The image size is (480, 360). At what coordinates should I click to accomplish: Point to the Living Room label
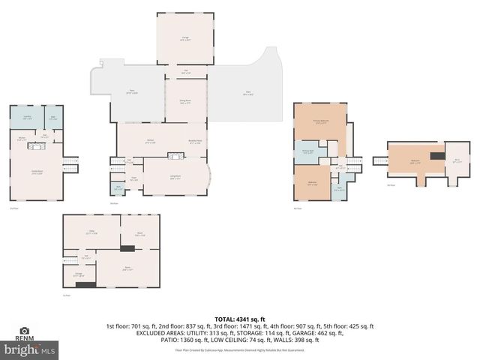click(x=174, y=178)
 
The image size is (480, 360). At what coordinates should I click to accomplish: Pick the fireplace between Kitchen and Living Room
click(x=175, y=156)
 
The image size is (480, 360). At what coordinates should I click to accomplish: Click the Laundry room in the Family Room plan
click(x=27, y=118)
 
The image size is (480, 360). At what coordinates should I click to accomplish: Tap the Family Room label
click(x=36, y=173)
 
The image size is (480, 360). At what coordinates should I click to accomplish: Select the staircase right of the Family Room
click(x=70, y=163)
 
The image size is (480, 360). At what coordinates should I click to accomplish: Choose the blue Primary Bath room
click(x=308, y=151)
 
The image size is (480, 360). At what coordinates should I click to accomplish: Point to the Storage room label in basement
click(x=78, y=274)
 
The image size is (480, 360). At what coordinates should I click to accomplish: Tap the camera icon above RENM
click(x=24, y=330)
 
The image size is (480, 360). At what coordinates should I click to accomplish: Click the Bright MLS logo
click(x=30, y=349)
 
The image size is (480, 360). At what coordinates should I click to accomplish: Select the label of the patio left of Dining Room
click(x=132, y=91)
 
